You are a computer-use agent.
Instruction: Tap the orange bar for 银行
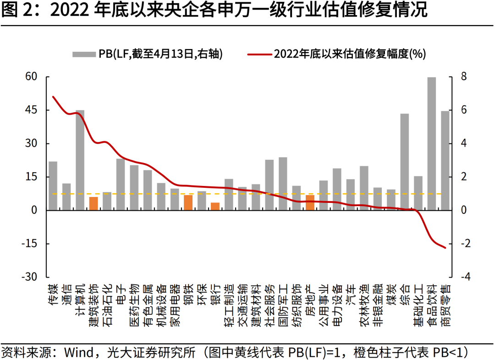tap(215, 206)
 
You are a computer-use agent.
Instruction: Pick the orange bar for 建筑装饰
tap(93, 203)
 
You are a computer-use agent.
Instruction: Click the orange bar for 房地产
tap(310, 202)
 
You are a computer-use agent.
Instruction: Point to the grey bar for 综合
tap(404, 162)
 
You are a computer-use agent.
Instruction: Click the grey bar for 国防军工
tap(283, 183)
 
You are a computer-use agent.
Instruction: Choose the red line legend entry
tap(337, 54)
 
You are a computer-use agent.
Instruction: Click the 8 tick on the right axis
tap(464, 76)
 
